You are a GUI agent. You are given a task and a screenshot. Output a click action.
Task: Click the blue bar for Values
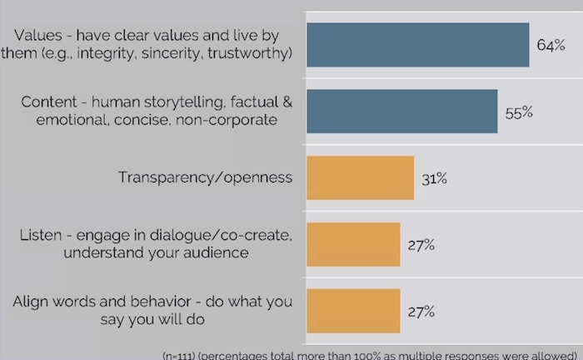point(418,45)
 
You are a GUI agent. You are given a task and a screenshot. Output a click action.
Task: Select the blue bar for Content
point(402,111)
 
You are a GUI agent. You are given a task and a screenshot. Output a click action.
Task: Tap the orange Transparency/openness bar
point(361,177)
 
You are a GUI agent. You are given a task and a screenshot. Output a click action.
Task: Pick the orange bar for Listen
point(353,244)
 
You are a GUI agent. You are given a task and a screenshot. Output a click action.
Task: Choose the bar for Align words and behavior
point(353,310)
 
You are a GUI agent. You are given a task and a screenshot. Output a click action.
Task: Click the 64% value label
point(551,45)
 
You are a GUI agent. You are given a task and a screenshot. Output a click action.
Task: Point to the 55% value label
point(518,112)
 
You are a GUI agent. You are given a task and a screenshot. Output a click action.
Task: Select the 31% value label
point(434,178)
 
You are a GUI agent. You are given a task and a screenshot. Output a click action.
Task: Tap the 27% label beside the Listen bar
point(421,245)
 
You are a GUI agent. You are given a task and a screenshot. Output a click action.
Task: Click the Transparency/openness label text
point(205,177)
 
